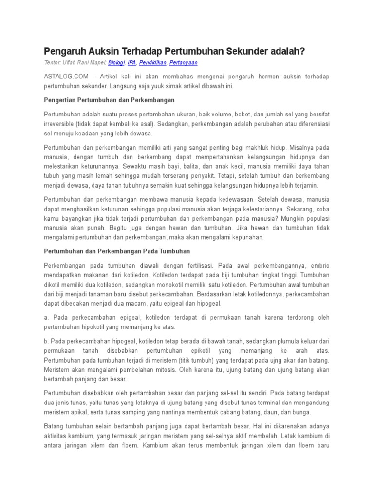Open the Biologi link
(x=116, y=63)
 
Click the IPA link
(x=132, y=63)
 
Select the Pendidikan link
(x=153, y=63)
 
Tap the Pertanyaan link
(x=184, y=63)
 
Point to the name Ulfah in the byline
(x=67, y=63)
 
